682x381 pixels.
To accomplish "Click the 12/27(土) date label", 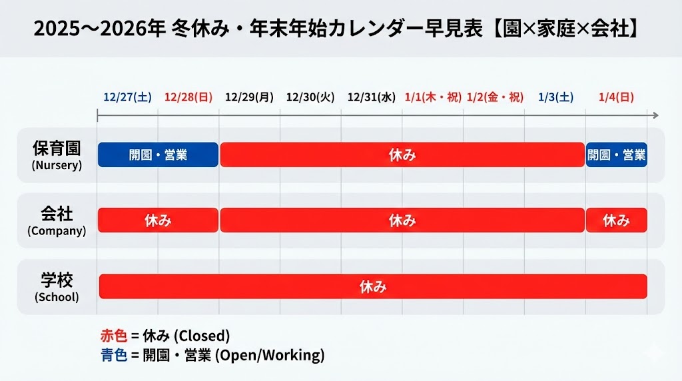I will tap(128, 97).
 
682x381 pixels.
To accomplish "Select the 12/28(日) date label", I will tap(188, 97).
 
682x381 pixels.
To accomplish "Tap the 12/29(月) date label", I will tap(249, 97).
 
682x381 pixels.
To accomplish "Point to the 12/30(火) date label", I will tap(310, 97).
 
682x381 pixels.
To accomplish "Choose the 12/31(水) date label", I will tap(372, 97).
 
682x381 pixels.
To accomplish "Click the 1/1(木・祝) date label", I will tap(433, 97).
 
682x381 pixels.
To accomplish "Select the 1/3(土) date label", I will tap(555, 97).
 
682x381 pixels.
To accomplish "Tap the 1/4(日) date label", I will tap(616, 97).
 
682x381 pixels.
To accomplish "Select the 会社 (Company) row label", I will tap(57, 221).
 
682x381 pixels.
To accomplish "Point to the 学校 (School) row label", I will tap(57, 286).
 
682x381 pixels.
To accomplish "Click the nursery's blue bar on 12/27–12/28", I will tap(158, 155).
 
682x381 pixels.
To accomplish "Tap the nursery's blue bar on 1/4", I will tap(616, 155).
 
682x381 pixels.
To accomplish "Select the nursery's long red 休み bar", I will tap(402, 155).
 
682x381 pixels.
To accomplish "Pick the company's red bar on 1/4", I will tap(616, 220).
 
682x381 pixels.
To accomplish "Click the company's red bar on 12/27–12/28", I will tap(158, 220).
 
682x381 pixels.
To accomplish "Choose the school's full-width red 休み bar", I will tap(373, 286).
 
